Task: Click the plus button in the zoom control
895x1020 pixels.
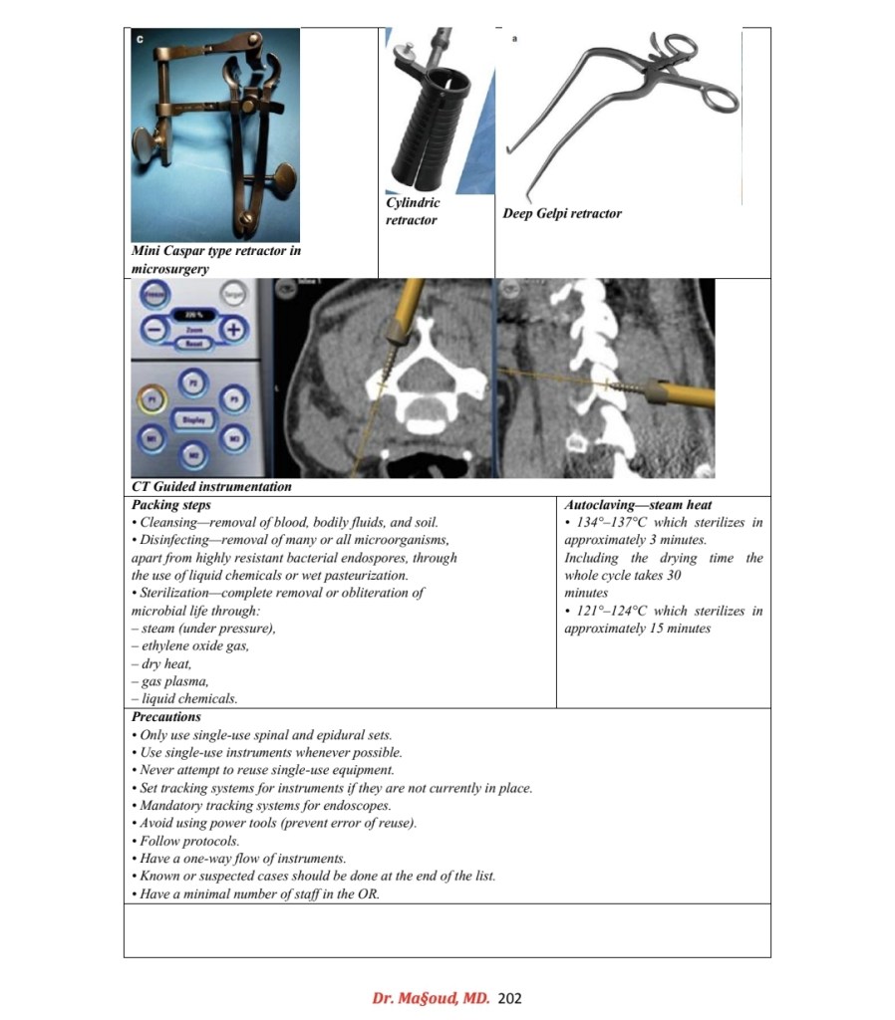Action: click(233, 329)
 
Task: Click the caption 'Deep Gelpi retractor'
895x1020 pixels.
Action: click(562, 213)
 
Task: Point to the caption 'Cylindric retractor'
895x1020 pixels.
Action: click(412, 211)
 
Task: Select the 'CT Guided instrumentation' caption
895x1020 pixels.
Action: click(211, 487)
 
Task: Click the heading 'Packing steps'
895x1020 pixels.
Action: click(171, 505)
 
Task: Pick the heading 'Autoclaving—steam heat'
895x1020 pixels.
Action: click(638, 505)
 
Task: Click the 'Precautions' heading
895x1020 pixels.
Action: click(166, 716)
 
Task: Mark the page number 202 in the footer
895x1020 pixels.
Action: click(509, 997)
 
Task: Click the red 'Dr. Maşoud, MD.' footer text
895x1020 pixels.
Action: click(431, 997)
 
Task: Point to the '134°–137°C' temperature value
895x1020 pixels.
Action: click(612, 523)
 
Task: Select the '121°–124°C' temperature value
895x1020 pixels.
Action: click(612, 611)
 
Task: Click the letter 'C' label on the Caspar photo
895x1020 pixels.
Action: click(141, 38)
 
